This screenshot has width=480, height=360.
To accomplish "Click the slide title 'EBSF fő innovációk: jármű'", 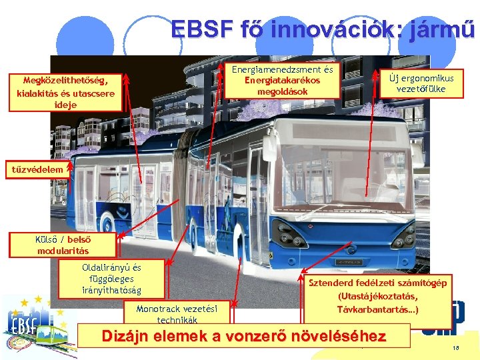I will click(323, 30).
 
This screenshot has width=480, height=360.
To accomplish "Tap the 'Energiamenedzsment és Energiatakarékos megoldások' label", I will click(283, 80).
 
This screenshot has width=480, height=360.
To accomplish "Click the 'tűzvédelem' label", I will click(38, 169).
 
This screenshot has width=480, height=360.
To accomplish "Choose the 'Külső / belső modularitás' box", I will click(63, 245).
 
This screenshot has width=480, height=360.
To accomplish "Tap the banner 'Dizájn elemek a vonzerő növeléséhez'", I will click(243, 337).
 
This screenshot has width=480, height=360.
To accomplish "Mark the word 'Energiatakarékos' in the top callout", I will click(283, 81).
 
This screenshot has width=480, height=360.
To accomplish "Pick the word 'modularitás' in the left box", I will click(63, 251).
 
